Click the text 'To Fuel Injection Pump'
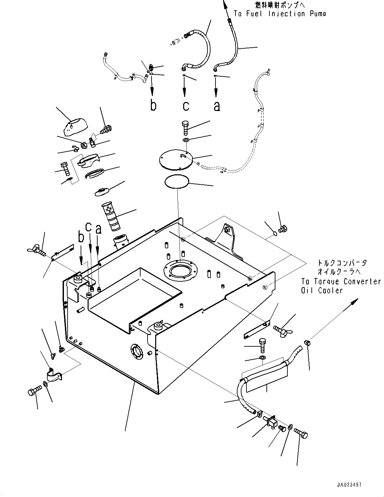pos(279,14)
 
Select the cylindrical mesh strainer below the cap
pos(112,217)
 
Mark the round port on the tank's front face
pos(137,351)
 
